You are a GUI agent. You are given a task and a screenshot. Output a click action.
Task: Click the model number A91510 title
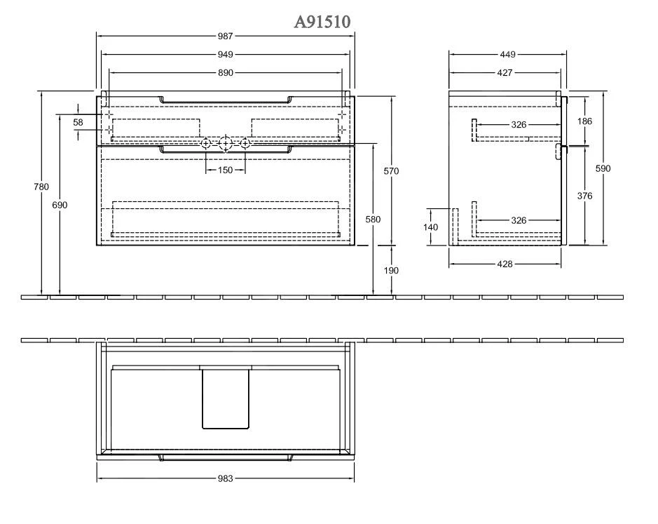(322, 22)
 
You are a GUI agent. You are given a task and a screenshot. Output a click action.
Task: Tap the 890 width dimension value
(225, 73)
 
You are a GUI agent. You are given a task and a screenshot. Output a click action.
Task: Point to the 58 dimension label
(78, 123)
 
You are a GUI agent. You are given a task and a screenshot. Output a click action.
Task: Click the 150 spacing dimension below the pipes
(225, 170)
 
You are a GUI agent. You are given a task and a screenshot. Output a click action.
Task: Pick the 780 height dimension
(41, 187)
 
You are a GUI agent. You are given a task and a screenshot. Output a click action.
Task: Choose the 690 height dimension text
(60, 205)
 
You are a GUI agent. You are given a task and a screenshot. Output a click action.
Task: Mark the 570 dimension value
(392, 172)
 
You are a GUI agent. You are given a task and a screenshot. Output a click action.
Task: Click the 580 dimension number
(373, 220)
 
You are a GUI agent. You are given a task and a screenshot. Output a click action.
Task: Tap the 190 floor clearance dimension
(392, 271)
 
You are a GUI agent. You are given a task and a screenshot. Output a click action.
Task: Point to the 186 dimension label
(584, 121)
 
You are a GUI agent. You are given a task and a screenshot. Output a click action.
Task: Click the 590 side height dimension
(603, 169)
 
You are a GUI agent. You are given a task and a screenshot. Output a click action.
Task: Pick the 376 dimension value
(584, 196)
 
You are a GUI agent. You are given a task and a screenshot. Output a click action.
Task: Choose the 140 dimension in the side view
(431, 227)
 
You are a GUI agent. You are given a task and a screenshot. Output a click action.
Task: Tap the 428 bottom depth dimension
(505, 264)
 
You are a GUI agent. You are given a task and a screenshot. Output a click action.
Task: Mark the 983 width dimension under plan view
(225, 478)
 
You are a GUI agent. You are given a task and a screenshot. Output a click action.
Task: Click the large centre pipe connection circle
(225, 144)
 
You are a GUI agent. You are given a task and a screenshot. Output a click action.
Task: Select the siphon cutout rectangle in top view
(225, 398)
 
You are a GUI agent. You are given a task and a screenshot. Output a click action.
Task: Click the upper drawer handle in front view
(225, 101)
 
